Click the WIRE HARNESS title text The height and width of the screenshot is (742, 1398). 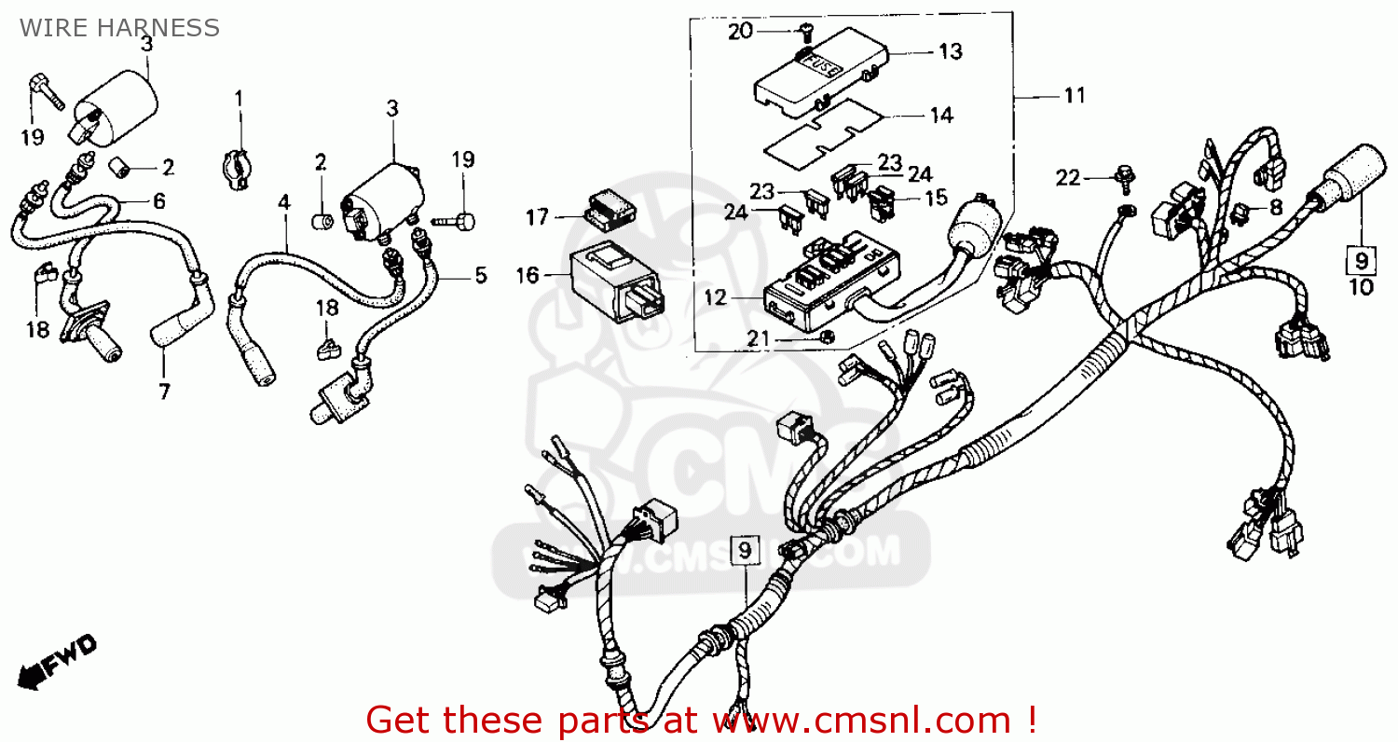119,28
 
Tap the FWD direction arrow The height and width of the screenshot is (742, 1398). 58,661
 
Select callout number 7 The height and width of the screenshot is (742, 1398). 164,392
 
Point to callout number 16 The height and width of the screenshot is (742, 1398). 528,275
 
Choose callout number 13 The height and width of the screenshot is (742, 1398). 950,52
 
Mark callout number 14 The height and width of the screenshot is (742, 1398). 941,116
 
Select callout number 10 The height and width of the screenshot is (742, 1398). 1362,287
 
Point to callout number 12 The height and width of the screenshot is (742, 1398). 715,299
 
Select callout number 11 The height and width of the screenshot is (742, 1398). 1075,95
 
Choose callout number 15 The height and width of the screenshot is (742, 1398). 936,198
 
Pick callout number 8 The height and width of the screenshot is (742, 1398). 1276,209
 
